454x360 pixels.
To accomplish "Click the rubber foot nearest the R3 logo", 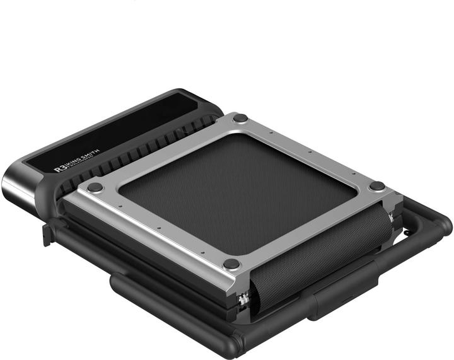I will pos(94,187).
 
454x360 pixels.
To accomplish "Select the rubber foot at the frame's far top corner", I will pos(240,118).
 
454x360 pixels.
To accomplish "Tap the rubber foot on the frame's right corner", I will pos(377,186).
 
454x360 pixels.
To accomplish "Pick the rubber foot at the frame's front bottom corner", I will pos(231,264).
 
